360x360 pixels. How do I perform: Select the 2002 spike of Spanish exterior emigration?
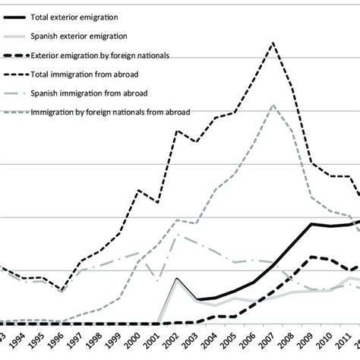point(176,278)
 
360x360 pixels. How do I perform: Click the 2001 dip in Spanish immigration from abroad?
point(157,281)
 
